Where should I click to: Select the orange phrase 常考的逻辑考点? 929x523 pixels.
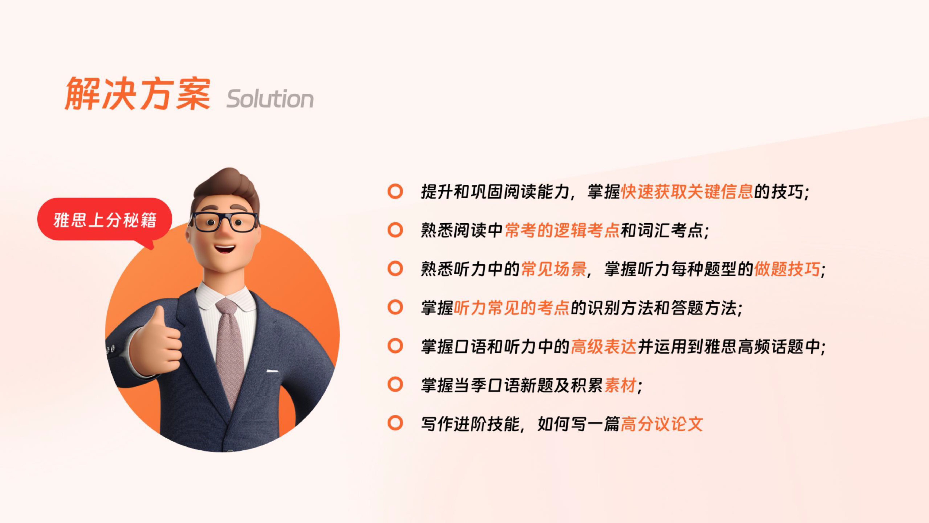[x=562, y=230]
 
